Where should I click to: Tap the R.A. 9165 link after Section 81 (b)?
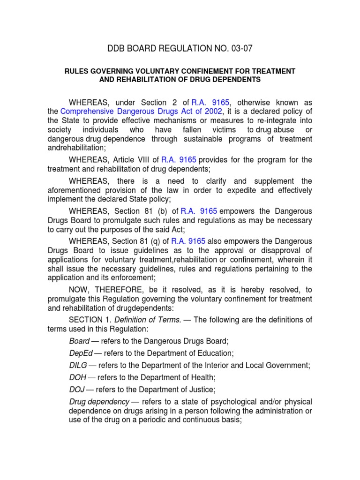[x=199, y=211]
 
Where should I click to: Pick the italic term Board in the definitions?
[x=79, y=341]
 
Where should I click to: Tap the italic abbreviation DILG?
[x=77, y=365]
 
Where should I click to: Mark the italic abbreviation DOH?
[x=77, y=377]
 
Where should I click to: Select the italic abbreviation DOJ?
[x=76, y=389]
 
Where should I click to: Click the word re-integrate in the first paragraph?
[x=268, y=120]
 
